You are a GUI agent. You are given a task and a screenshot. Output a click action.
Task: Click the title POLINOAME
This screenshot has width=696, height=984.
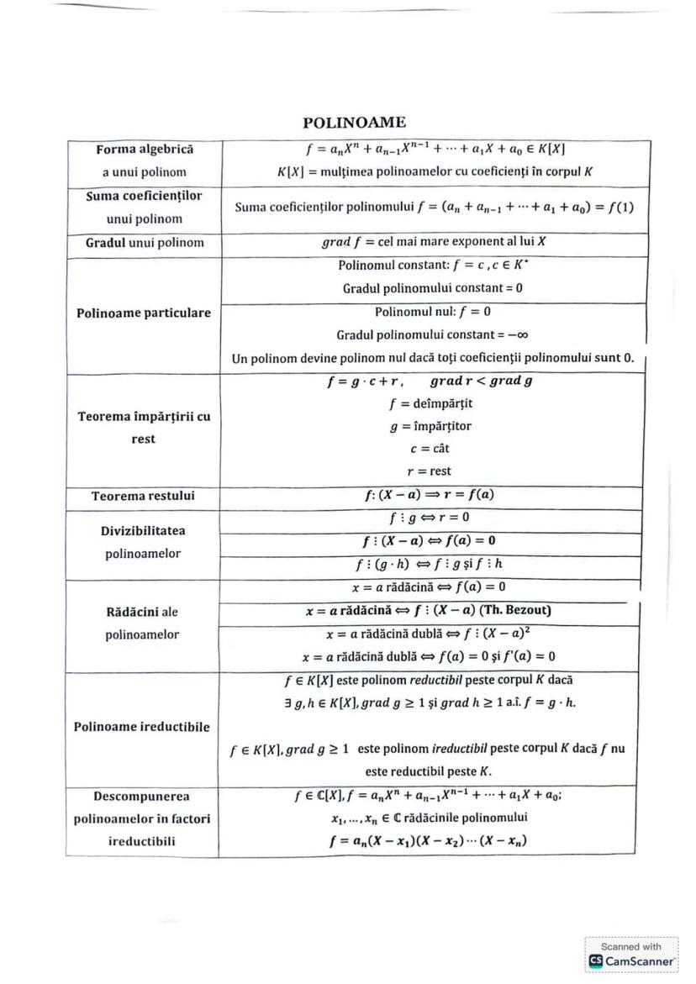[x=354, y=123]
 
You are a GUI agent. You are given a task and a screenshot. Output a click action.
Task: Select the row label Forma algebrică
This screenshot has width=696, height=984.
[x=144, y=150]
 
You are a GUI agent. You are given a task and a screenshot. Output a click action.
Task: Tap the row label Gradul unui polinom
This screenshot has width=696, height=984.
[x=144, y=243]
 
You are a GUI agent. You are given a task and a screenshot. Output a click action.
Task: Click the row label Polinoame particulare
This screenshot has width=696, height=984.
[x=144, y=313]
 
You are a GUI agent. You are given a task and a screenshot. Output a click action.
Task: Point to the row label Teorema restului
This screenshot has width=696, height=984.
[x=144, y=496]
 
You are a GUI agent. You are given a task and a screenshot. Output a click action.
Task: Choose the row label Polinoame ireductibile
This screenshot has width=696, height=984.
[x=144, y=726]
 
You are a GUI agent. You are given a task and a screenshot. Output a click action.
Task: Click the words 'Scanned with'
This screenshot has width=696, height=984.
[x=631, y=946]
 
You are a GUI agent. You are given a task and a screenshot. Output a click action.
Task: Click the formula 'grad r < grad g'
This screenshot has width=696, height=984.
[x=483, y=381]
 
